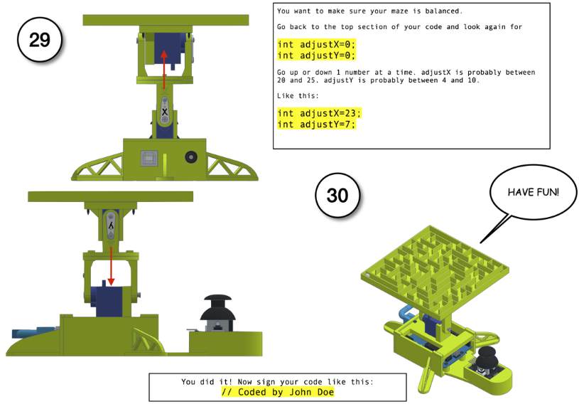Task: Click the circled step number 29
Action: point(40,40)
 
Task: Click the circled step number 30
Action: point(337,196)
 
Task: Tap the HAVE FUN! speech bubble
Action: point(533,192)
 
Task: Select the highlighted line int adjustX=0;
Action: point(316,44)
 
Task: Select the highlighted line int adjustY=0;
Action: point(316,55)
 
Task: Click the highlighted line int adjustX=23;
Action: point(319,113)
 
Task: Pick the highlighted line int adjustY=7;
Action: point(316,124)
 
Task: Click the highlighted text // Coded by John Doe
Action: point(278,392)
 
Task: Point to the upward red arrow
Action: point(164,69)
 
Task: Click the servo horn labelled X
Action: point(165,110)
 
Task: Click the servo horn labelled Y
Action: point(111,225)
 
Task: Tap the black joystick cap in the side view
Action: point(218,308)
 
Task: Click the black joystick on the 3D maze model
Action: point(487,357)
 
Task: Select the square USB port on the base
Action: point(149,159)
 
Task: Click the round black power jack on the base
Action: point(190,157)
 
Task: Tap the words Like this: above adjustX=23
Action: point(298,96)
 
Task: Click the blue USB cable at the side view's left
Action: point(33,332)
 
